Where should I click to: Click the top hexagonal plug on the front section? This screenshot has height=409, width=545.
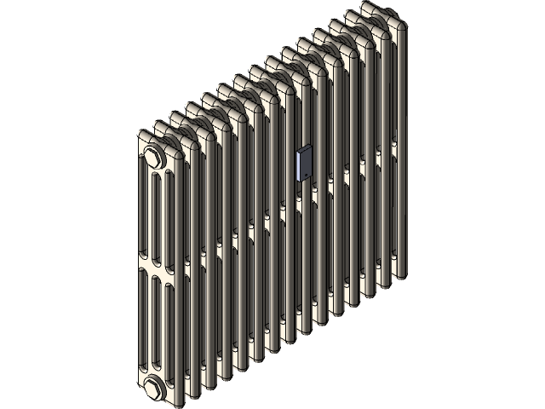[154, 157]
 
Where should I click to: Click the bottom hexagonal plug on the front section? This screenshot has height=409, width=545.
[154, 388]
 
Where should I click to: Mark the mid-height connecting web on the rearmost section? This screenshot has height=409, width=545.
[393, 145]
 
